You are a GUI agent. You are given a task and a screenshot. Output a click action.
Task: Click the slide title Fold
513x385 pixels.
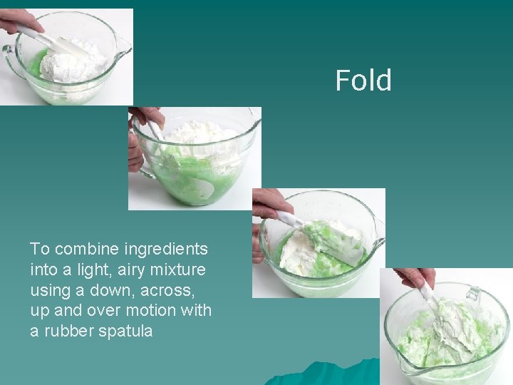(363, 81)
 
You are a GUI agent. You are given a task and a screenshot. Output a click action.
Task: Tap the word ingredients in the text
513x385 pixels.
(166, 249)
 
